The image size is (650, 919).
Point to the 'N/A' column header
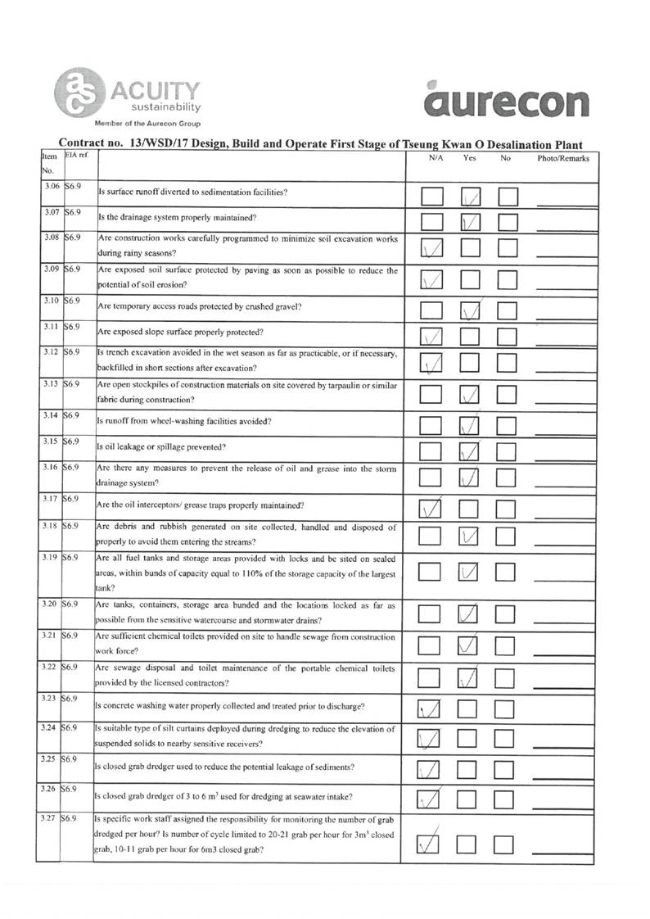click(x=436, y=158)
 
